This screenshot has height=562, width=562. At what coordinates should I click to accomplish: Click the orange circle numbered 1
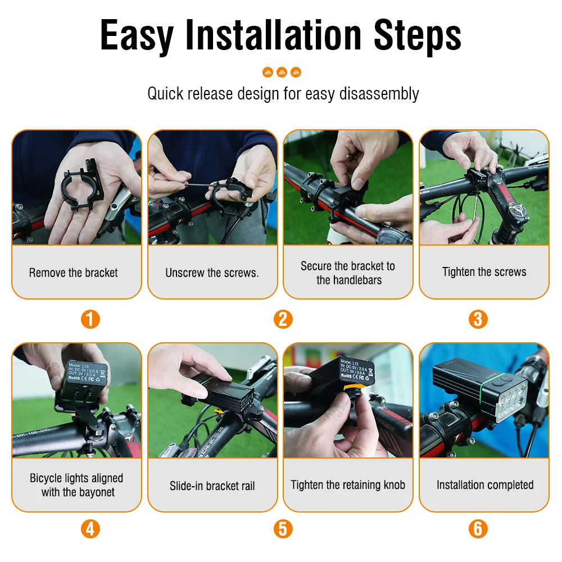(90, 319)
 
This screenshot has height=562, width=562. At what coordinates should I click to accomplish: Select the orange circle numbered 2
(283, 319)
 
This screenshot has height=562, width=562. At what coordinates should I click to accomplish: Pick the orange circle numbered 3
(477, 319)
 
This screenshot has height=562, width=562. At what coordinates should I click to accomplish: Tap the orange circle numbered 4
(90, 529)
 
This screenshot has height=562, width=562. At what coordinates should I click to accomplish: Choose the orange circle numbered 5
(283, 529)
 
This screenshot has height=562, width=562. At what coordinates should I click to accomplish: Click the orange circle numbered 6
(477, 529)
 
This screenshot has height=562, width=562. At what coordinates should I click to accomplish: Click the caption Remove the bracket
(74, 273)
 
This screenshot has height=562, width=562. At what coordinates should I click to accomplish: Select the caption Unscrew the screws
(212, 273)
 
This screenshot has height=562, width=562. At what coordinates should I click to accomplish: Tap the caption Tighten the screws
(484, 272)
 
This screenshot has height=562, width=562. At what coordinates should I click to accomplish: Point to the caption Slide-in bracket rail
(212, 486)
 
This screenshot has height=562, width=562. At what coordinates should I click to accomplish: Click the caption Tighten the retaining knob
(348, 485)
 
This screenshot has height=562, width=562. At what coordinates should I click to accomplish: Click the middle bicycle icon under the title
(282, 72)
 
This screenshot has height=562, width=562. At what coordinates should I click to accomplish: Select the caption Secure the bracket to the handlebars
(348, 273)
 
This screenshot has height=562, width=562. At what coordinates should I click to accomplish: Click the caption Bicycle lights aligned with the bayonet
(77, 485)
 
